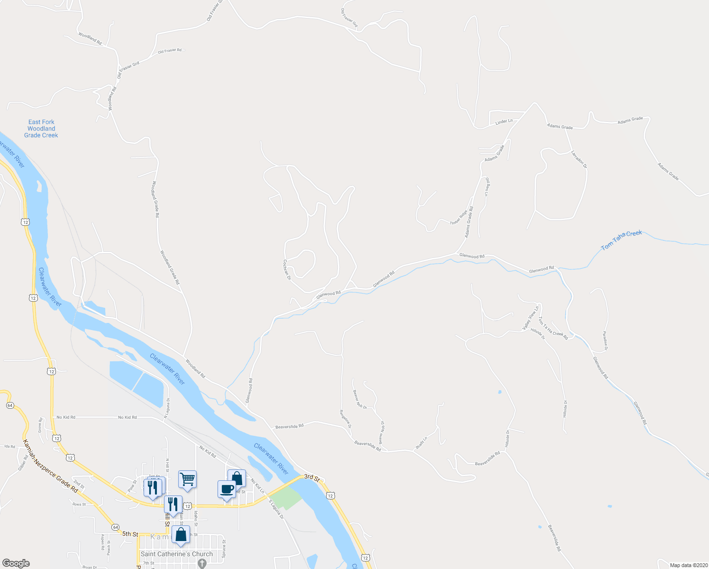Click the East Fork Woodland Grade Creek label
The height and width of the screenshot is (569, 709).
(41, 128)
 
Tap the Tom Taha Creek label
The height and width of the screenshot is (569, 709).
(621, 240)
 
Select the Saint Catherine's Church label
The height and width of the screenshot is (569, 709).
(177, 554)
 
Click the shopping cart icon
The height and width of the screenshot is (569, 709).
(187, 479)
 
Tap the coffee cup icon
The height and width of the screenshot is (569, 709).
(227, 489)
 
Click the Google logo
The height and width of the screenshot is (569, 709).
(16, 563)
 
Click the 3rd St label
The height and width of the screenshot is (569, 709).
(311, 477)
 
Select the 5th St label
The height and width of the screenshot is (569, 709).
(129, 534)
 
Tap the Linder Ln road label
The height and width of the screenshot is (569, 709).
(504, 121)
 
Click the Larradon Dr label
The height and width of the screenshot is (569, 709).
(579, 160)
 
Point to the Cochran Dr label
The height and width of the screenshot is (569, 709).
(286, 269)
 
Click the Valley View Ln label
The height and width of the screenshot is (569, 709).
(531, 318)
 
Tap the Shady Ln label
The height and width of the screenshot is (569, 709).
(421, 443)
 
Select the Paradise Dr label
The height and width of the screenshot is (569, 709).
(605, 341)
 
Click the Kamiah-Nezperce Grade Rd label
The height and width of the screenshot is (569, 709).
(50, 466)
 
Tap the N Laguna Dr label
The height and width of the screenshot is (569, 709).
(166, 408)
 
